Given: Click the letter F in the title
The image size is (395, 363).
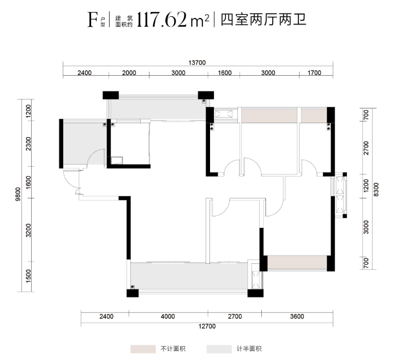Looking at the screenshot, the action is click(92, 20).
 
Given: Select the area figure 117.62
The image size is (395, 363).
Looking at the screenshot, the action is click(161, 20).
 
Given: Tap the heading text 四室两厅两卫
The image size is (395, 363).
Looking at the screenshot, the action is click(264, 20).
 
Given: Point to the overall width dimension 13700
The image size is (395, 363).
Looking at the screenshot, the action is click(197, 63).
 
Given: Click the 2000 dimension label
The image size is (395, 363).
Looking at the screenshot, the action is click(129, 72).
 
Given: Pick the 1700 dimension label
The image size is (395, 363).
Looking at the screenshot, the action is click(314, 72).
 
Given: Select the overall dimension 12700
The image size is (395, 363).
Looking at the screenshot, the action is click(207, 326).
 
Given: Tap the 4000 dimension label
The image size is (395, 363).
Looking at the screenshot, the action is click(168, 316).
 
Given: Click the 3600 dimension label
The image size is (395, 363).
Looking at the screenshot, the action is click(297, 316).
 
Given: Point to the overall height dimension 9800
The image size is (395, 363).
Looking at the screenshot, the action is click(17, 194).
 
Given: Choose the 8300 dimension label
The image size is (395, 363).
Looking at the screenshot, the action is click(375, 190).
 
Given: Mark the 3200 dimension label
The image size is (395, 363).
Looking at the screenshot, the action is click(28, 230).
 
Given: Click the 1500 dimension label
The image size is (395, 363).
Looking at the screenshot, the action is click(28, 276).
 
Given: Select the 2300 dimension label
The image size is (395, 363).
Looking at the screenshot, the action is click(28, 144).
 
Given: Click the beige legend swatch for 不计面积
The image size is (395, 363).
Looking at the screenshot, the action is click(143, 349).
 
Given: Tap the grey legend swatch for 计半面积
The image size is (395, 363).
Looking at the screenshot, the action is click(219, 349).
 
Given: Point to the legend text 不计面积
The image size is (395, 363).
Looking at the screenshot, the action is click(173, 349).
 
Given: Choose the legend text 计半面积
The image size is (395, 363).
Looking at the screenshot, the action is click(249, 349).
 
